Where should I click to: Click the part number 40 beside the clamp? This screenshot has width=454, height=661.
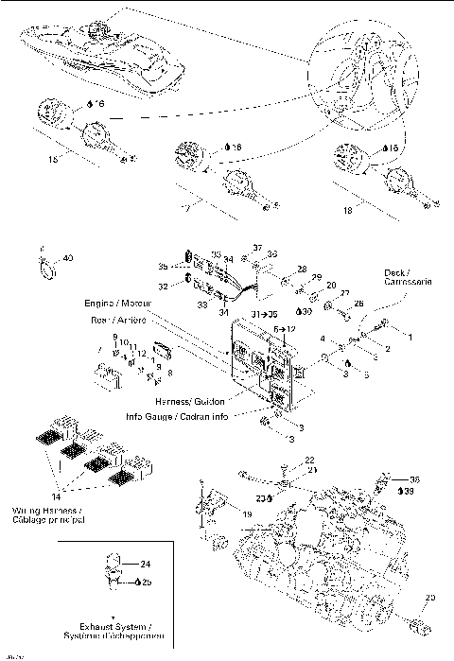tap(67, 258)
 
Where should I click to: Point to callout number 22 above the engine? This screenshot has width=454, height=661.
tap(310, 459)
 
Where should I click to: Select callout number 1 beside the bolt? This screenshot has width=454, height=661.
tap(410, 336)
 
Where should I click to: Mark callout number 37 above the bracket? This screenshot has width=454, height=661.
tap(257, 248)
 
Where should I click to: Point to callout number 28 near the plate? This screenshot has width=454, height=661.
tap(302, 270)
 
